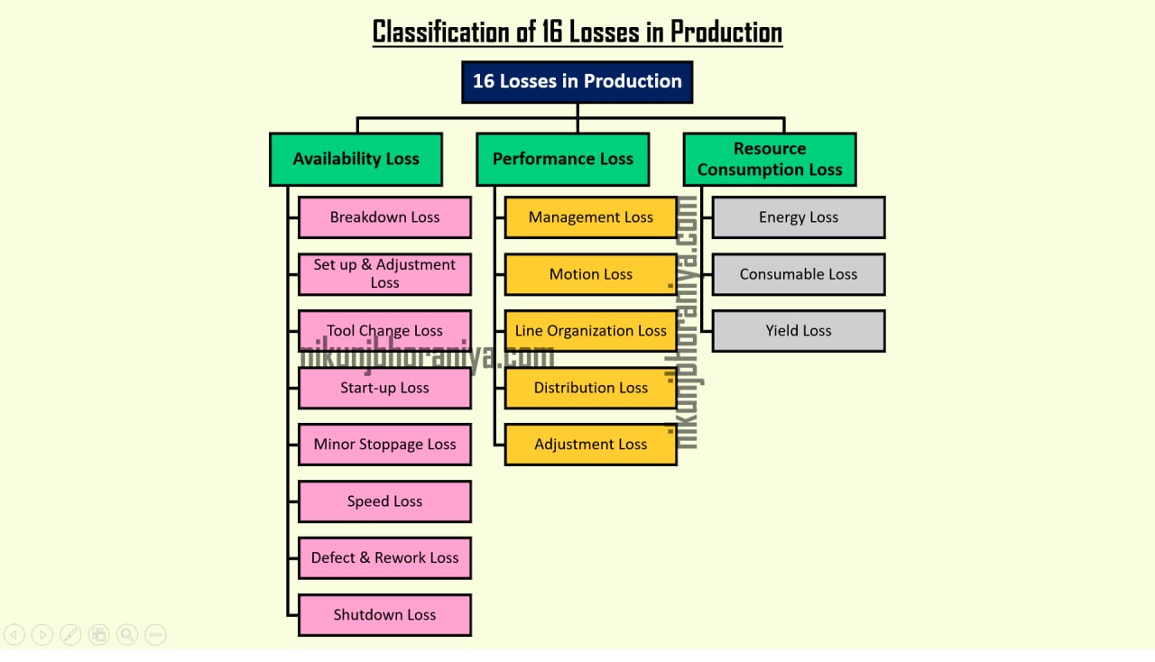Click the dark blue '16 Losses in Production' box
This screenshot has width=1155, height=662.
pos(577,81)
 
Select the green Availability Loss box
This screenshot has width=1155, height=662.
pos(356,159)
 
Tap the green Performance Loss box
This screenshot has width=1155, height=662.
pos(562,159)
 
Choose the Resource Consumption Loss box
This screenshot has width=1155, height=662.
pos(769,159)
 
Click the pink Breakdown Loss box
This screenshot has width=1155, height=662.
pos(384,217)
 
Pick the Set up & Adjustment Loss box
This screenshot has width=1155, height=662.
pos(384,273)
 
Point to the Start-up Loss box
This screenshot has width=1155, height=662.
pos(384,388)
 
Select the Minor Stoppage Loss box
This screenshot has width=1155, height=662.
pos(384,445)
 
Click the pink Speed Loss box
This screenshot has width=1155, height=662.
pos(384,501)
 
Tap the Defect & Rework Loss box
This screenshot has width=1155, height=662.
pos(384,558)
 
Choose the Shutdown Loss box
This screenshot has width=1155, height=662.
pos(384,615)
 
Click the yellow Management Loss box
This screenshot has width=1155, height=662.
pos(590,217)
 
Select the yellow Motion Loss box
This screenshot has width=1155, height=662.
pos(590,274)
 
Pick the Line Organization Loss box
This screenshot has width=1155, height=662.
pos(590,331)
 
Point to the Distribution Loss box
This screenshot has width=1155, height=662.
pos(590,388)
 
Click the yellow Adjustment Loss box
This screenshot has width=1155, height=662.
pos(590,445)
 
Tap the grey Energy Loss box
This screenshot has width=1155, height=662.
pos(798,217)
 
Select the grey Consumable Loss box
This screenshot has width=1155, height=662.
pos(798,274)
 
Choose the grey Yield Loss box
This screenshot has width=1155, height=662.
pos(798,331)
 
